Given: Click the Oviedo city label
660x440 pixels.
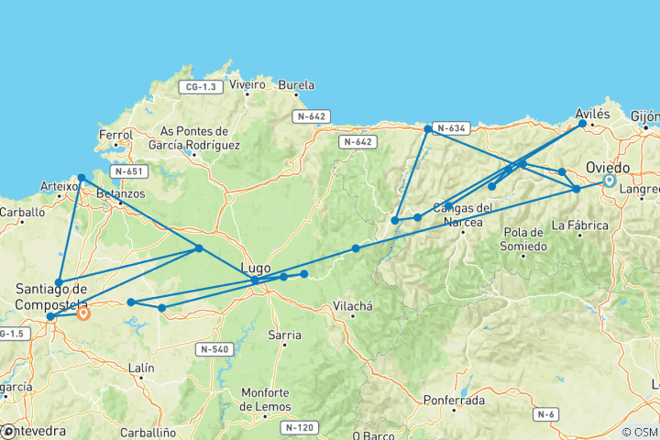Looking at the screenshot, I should [x=609, y=168].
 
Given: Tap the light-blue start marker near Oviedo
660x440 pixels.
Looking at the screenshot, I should [x=610, y=181].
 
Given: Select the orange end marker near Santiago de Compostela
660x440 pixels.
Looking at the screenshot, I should [x=83, y=313].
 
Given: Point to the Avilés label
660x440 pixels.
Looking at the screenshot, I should [x=592, y=114].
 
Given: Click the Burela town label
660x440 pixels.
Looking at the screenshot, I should [x=295, y=84].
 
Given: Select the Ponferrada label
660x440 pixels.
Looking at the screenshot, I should [x=455, y=400].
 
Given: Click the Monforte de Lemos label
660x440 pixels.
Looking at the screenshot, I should [x=265, y=400].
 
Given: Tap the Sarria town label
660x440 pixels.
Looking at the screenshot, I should [x=283, y=335].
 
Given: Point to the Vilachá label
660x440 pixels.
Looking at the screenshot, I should [x=352, y=306].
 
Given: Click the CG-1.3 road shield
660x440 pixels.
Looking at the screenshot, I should [x=201, y=87].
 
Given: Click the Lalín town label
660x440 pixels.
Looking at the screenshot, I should [x=141, y=368].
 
